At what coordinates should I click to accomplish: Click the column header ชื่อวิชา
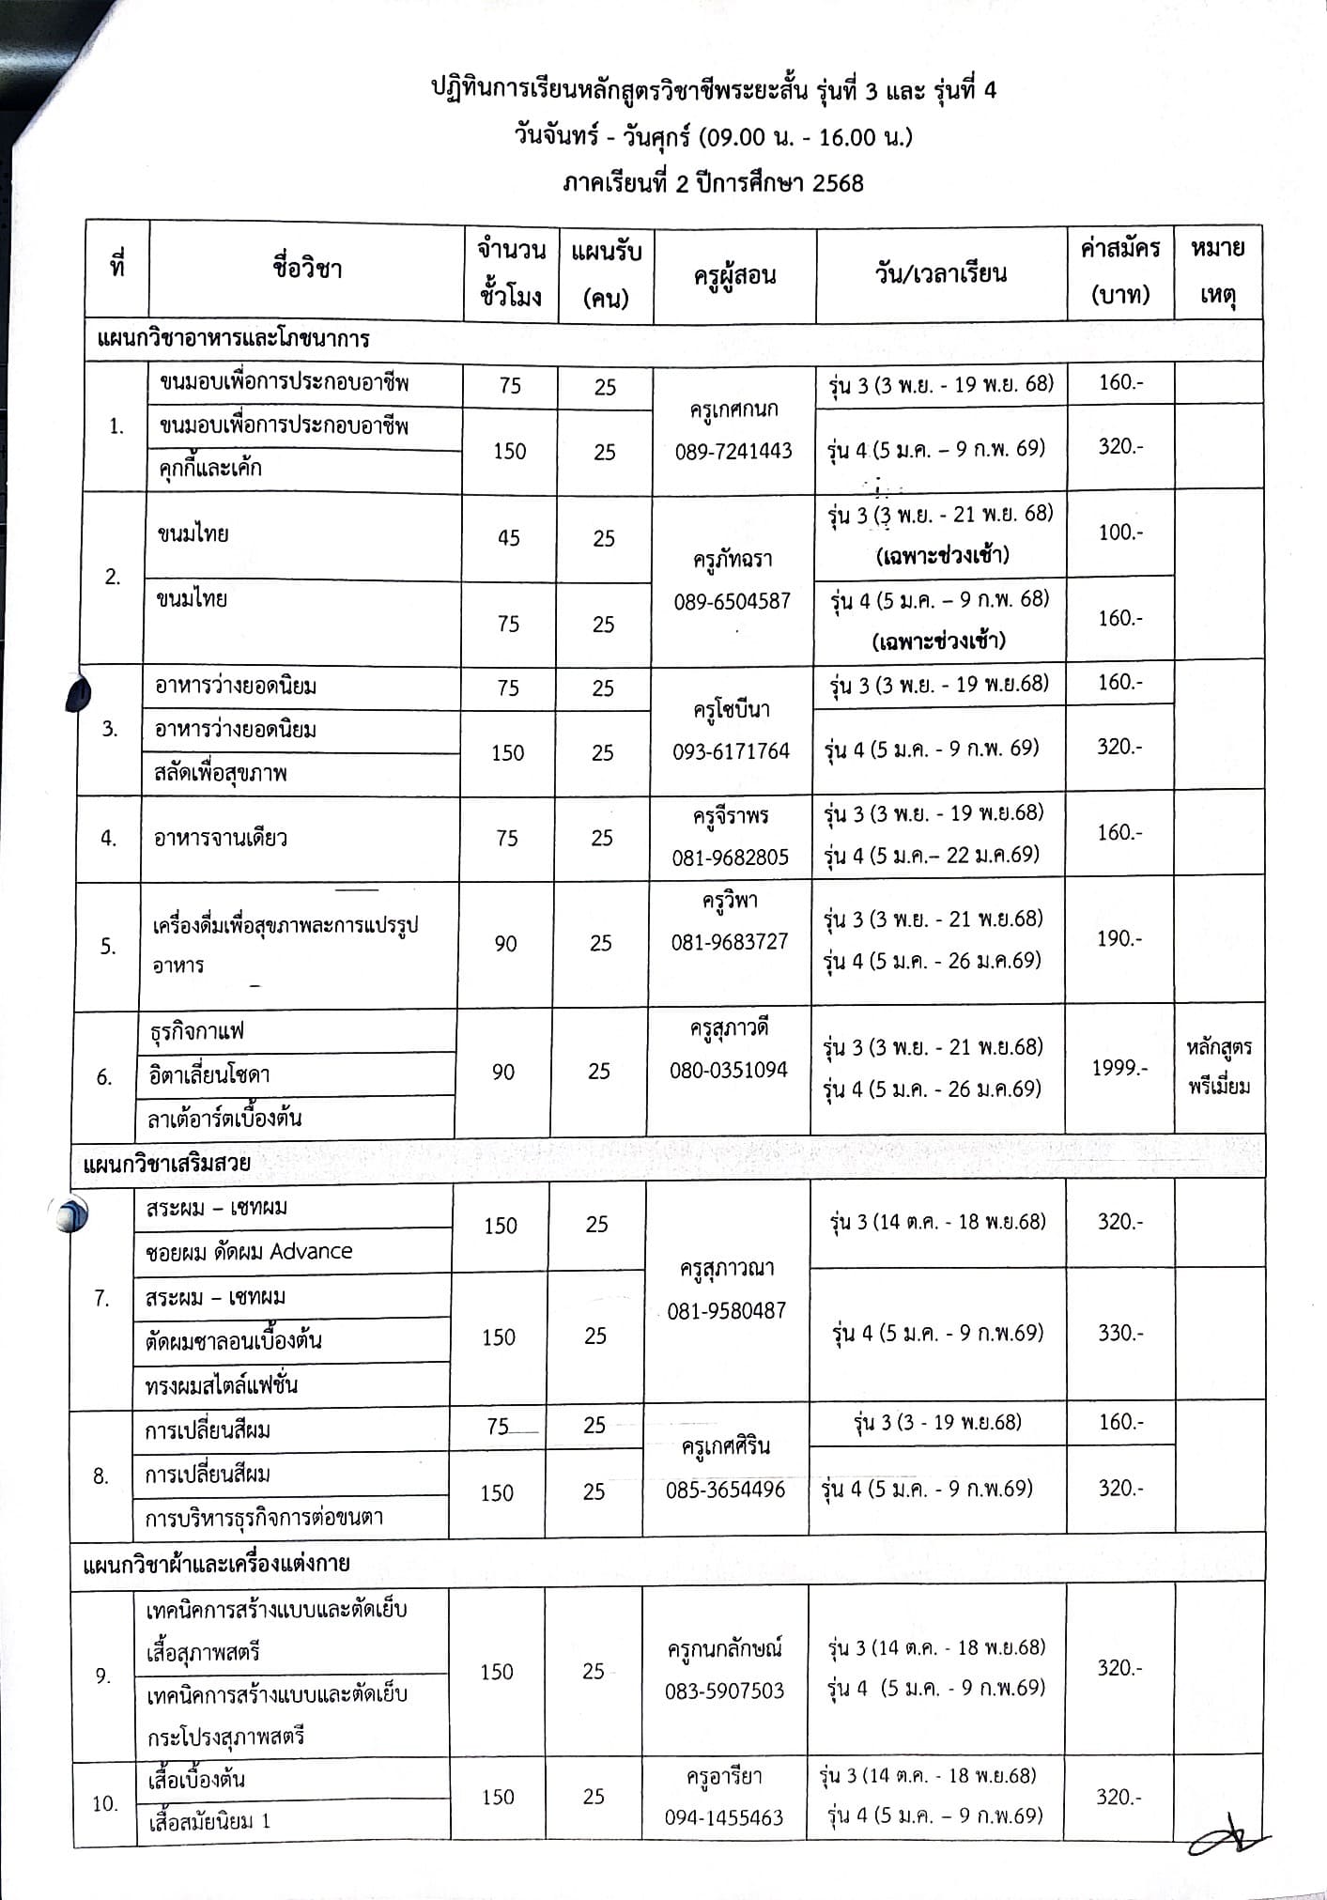click(x=307, y=270)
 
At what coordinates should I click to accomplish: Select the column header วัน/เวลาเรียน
click(x=940, y=273)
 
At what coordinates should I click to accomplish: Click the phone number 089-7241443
click(x=733, y=452)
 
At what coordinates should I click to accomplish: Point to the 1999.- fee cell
click(x=1119, y=1068)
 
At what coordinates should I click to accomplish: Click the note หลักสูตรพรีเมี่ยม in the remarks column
click(x=1218, y=1068)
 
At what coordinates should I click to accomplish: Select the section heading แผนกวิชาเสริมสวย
click(x=167, y=1163)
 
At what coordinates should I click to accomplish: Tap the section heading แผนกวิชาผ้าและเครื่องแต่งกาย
click(x=217, y=1564)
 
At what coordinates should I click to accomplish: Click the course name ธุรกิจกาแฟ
click(x=197, y=1031)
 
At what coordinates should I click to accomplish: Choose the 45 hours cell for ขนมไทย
click(x=508, y=538)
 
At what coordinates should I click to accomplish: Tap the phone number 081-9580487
click(x=726, y=1311)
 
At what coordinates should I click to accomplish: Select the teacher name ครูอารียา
click(x=724, y=1778)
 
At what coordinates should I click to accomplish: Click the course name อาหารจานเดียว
click(x=221, y=838)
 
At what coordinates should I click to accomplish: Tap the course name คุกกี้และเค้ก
click(x=209, y=468)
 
